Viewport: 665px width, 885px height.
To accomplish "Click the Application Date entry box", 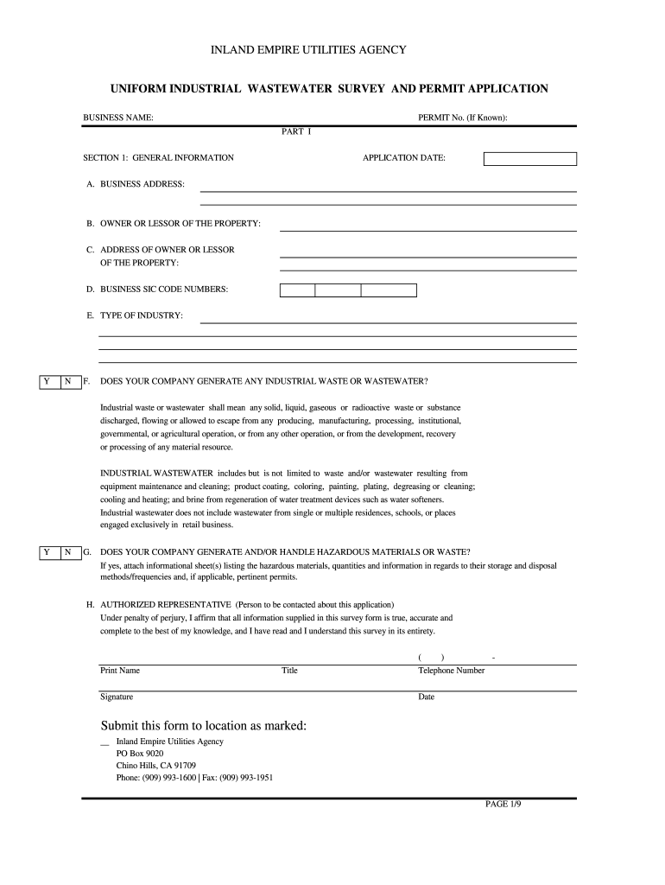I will (x=529, y=159).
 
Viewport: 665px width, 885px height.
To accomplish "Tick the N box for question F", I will (x=69, y=382).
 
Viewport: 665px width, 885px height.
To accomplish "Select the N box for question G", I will (x=69, y=552).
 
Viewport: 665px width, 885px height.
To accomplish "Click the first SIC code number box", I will (x=297, y=290).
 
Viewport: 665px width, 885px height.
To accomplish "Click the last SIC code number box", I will (x=389, y=290).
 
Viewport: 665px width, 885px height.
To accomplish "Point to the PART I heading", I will (x=296, y=131).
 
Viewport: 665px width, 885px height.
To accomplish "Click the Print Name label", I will (x=120, y=671).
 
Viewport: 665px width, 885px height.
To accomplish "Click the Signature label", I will (x=117, y=697).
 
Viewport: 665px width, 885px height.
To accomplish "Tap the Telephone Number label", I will (x=452, y=671).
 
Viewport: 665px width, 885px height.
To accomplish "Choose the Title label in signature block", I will (x=289, y=671).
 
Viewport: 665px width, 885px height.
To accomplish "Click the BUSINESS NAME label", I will (x=118, y=117).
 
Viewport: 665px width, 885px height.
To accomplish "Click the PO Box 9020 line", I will (x=140, y=754).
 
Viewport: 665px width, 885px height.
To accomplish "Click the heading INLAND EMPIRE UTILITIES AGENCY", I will (x=308, y=51).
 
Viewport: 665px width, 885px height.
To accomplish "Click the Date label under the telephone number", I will (x=427, y=697).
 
